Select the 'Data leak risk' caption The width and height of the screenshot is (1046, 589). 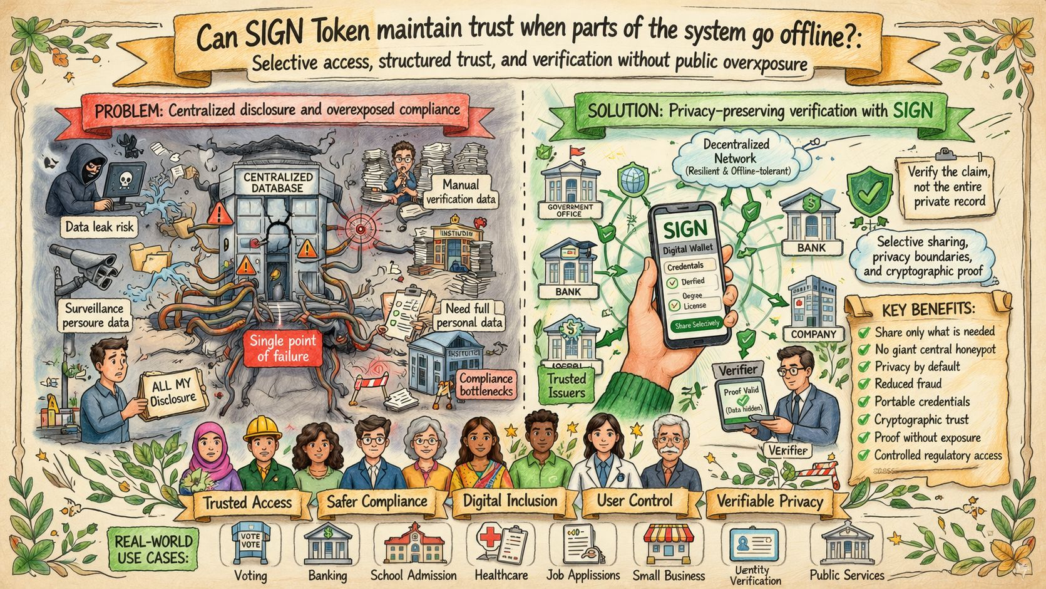click(x=100, y=226)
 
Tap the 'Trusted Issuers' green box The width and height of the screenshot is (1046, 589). click(x=567, y=385)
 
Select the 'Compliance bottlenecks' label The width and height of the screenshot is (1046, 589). click(x=486, y=385)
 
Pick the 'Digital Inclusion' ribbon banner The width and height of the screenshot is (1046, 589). click(x=510, y=501)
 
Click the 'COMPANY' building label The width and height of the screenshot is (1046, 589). click(x=813, y=334)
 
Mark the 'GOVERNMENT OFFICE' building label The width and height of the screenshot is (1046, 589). click(x=570, y=210)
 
